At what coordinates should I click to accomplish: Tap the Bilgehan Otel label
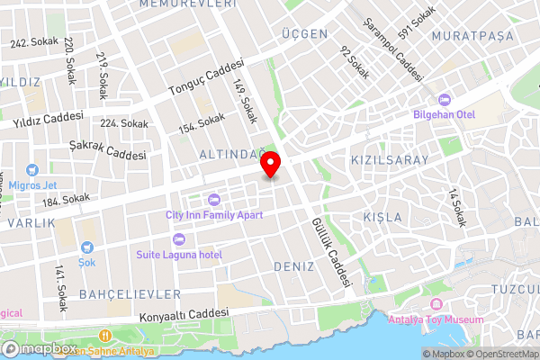[x=443, y=113]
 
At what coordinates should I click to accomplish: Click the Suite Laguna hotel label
[x=178, y=254]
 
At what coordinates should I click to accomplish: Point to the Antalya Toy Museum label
[x=436, y=319]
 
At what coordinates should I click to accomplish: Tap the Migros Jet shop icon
[x=31, y=169]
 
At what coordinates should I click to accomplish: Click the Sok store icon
[x=86, y=247]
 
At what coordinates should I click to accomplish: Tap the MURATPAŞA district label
[x=472, y=36]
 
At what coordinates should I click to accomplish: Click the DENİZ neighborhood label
[x=293, y=267]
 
